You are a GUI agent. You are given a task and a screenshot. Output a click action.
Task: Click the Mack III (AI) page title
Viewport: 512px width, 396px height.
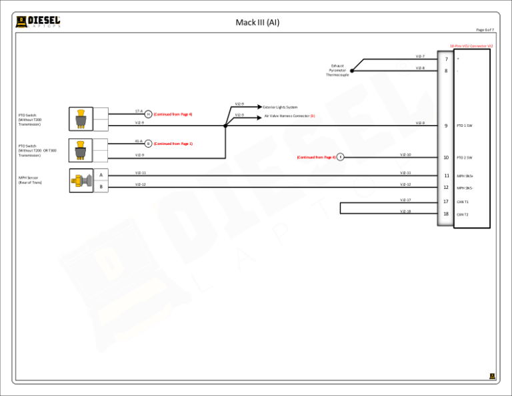[257, 23]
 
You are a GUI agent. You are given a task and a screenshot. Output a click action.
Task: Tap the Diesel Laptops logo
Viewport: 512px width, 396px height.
[38, 22]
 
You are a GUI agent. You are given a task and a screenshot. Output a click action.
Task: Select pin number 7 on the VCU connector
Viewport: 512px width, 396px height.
[446, 59]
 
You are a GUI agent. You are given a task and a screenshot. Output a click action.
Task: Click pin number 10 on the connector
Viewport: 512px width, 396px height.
[446, 158]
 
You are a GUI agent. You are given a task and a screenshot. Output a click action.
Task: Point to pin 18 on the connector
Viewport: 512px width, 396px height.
[446, 214]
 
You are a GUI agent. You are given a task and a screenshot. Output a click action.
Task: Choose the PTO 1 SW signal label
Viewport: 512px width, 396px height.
[465, 126]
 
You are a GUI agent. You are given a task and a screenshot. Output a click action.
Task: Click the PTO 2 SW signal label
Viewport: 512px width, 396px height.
[465, 158]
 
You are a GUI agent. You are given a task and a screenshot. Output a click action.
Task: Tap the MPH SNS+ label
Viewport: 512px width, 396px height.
[465, 176]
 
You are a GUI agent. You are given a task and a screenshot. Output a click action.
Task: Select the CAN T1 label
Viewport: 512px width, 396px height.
[463, 202]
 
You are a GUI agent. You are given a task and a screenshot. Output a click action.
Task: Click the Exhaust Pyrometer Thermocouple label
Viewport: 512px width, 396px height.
[337, 70]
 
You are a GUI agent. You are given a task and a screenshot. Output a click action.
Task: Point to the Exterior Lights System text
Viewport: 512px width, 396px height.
[280, 107]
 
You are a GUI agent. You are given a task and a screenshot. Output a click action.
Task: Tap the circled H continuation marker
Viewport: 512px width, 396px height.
[148, 114]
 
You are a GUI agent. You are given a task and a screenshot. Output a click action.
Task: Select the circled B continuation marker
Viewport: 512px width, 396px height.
[148, 144]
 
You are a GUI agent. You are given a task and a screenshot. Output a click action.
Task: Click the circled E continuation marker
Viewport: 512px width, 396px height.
[340, 157]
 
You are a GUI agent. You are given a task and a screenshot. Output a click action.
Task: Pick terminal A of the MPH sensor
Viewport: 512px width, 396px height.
[101, 175]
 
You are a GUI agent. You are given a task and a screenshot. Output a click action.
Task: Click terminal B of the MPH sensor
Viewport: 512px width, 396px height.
[101, 187]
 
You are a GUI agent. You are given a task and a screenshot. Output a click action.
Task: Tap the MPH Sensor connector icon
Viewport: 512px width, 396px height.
[81, 180]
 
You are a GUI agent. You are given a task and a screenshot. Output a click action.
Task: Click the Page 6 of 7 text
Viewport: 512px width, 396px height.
[485, 29]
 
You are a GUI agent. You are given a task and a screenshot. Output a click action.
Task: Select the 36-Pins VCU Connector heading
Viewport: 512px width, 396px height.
[471, 46]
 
